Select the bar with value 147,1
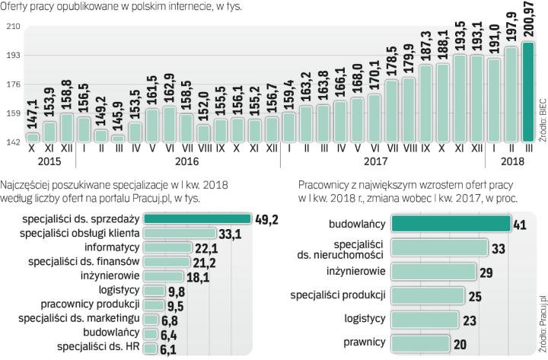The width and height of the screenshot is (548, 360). coord(33,137)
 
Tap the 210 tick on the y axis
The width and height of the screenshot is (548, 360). coord(12,27)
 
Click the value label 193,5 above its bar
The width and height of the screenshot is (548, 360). coord(460,35)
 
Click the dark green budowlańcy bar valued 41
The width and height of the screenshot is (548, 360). coord(450,223)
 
